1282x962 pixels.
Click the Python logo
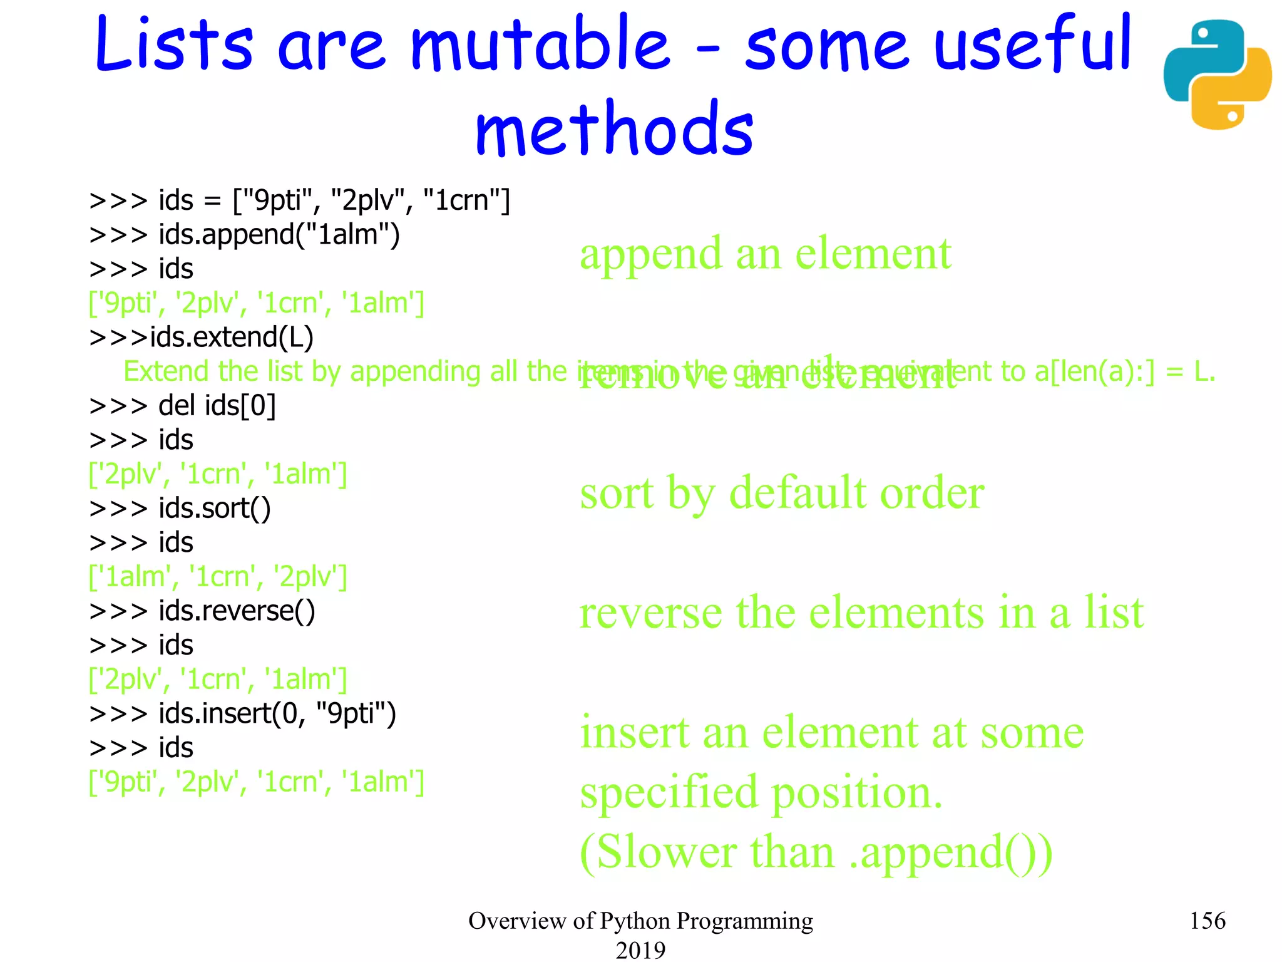pos(1217,75)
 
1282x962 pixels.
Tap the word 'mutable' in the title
pos(540,44)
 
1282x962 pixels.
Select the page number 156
pos(1207,921)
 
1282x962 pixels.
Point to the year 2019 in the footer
pos(640,949)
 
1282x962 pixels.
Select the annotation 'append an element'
pos(765,254)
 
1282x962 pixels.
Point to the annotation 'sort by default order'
pos(782,494)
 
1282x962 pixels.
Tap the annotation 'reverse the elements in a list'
pos(861,613)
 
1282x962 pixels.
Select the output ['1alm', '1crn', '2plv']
pos(218,577)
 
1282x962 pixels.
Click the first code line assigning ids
pos(300,201)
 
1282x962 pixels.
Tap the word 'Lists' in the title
pos(174,44)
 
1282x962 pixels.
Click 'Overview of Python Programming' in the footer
pos(640,921)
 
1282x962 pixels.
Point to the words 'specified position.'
pos(761,792)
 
